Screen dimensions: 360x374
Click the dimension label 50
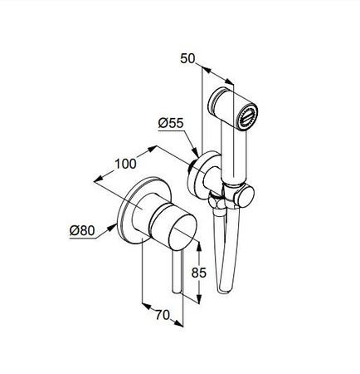tap(187, 58)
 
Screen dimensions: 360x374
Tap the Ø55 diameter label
tap(171, 123)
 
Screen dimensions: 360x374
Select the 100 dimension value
tap(125, 164)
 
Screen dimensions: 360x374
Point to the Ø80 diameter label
tap(82, 230)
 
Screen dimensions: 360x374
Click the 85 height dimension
tap(199, 273)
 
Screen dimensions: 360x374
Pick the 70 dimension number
tap(163, 315)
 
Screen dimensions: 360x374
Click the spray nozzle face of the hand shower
tap(248, 116)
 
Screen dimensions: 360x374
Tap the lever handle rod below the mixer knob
tap(177, 272)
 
